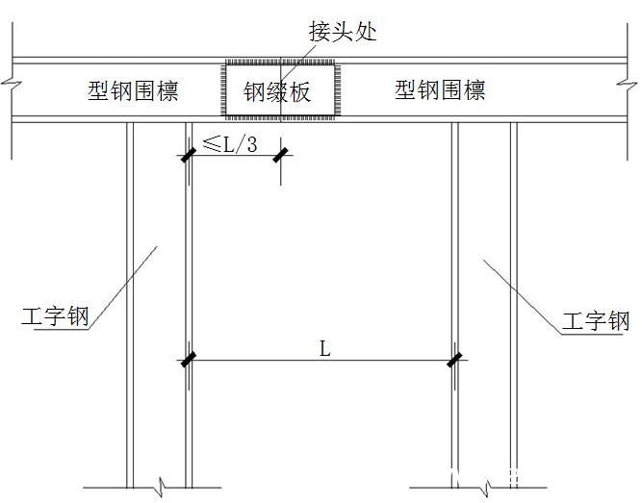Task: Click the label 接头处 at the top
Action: click(x=343, y=32)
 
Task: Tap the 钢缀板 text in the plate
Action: click(x=277, y=91)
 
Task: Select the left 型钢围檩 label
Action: click(x=133, y=90)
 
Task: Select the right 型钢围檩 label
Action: click(x=440, y=89)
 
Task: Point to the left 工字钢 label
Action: click(x=55, y=316)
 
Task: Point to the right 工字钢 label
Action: click(x=596, y=320)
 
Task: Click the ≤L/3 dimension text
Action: click(x=230, y=144)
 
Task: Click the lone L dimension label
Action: click(x=324, y=349)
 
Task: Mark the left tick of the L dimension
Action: click(x=189, y=360)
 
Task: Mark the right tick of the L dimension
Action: click(x=454, y=360)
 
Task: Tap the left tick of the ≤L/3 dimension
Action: click(x=189, y=155)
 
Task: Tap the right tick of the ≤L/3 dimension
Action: click(x=280, y=155)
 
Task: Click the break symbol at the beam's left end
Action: click(x=12, y=85)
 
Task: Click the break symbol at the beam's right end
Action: click(x=628, y=85)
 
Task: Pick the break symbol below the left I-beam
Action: click(x=161, y=487)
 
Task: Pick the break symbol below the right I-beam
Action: click(x=487, y=487)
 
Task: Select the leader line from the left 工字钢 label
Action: click(x=123, y=288)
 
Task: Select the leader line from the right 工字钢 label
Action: click(x=522, y=297)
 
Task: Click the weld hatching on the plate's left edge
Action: click(x=223, y=90)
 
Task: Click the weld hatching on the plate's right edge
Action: click(x=338, y=90)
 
